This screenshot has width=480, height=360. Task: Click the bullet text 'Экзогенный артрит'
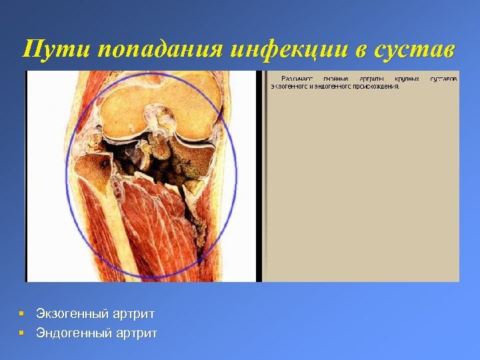pos(95,313)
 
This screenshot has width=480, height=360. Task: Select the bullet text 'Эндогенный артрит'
pos(97,332)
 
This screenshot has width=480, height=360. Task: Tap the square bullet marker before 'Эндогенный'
pos(22,332)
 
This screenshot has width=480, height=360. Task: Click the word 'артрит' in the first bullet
pos(135,313)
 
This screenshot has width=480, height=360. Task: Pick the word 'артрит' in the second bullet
pos(138,332)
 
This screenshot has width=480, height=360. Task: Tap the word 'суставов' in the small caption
pos(444,78)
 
